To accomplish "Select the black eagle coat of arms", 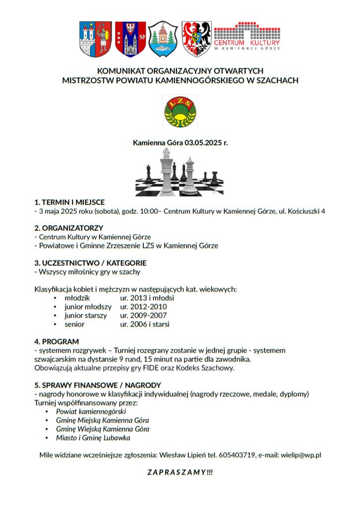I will click(196, 39).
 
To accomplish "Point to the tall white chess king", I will click(166, 171).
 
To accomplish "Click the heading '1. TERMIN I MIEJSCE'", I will click(69, 202).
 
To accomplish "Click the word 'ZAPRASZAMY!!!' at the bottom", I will click(180, 472).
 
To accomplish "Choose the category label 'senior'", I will click(74, 324).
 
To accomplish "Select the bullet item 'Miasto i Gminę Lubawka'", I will click(93, 438).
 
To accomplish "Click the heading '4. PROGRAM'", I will click(57, 342).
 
